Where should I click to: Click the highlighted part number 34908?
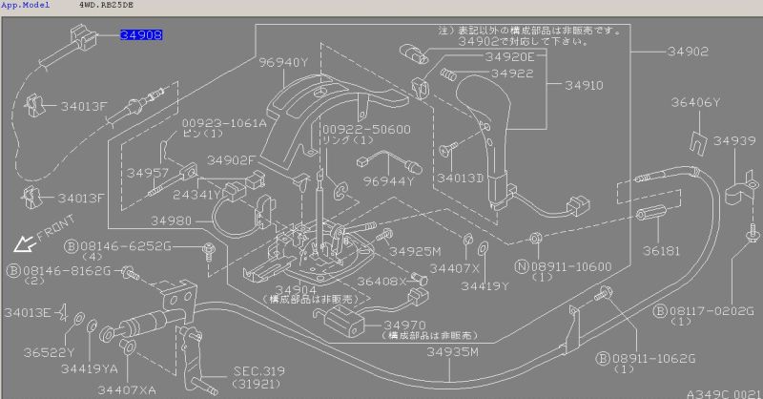click(x=141, y=34)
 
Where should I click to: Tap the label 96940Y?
click(x=284, y=63)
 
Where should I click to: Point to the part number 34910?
click(x=584, y=85)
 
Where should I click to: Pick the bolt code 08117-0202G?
click(x=709, y=310)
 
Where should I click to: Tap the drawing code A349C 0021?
click(x=722, y=391)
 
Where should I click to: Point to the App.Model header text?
click(x=26, y=6)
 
